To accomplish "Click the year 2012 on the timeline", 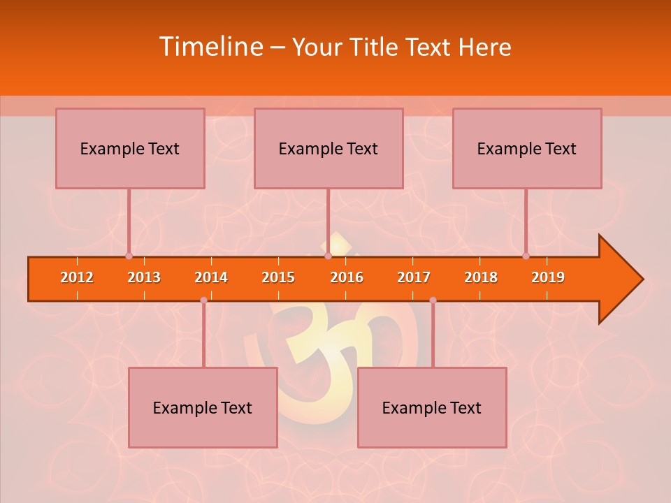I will (x=77, y=277).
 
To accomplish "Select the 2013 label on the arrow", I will (x=144, y=277).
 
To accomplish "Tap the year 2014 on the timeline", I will (x=211, y=277).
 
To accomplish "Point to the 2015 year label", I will (x=278, y=277).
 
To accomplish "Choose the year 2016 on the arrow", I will (x=347, y=277).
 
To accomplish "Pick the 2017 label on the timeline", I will (x=414, y=277).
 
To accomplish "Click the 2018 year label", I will (x=481, y=277).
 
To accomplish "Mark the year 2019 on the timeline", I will (x=548, y=277).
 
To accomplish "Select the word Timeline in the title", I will (x=210, y=47).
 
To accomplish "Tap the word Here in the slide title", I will (x=484, y=47).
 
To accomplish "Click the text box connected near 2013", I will (x=130, y=148).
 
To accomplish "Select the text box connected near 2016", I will (x=329, y=148).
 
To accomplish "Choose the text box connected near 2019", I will (x=527, y=148).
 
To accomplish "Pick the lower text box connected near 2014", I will (x=203, y=407).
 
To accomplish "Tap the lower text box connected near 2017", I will (x=432, y=407).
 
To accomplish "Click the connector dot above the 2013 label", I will (x=129, y=256).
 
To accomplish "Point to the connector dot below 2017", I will (x=433, y=300).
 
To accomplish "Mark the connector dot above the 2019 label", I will (x=526, y=256).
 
